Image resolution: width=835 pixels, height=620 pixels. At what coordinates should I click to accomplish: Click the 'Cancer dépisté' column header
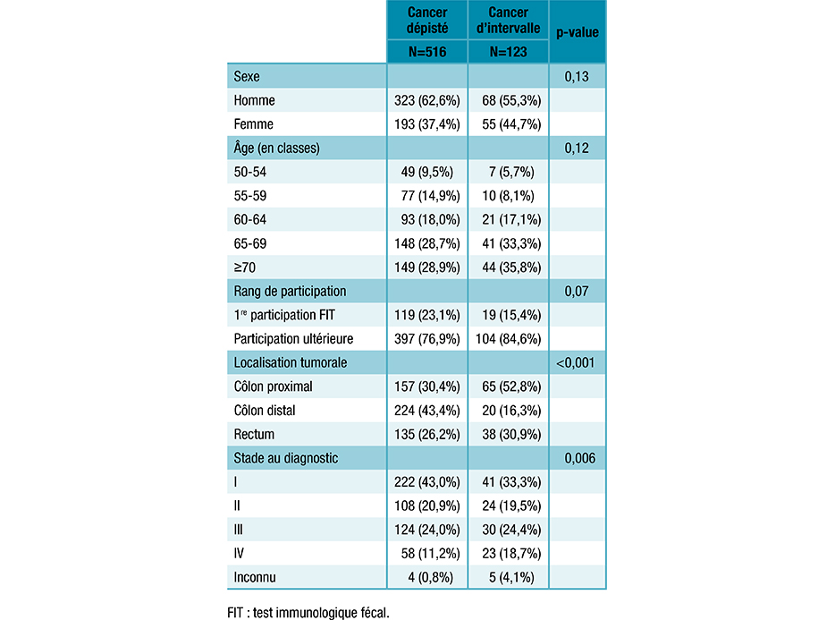427,20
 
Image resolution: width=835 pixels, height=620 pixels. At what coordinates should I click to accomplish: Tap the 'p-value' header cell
577,32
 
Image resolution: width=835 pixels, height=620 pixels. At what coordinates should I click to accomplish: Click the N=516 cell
427,52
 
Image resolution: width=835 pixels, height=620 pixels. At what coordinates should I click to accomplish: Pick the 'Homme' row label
254,100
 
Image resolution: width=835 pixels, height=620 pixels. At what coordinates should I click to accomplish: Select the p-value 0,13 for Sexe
577,77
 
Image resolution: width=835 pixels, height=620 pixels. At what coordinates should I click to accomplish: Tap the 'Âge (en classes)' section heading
276,148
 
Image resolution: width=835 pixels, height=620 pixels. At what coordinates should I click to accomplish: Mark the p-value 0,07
577,292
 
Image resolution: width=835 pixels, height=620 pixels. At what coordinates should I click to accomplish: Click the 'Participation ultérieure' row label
292,339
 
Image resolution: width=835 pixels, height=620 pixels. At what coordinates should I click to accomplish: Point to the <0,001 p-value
577,363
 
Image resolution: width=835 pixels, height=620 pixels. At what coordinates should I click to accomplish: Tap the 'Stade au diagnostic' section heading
285,458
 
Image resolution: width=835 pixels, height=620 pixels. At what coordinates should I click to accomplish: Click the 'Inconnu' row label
255,577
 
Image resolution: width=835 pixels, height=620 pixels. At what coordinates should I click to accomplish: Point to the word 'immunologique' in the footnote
321,613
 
